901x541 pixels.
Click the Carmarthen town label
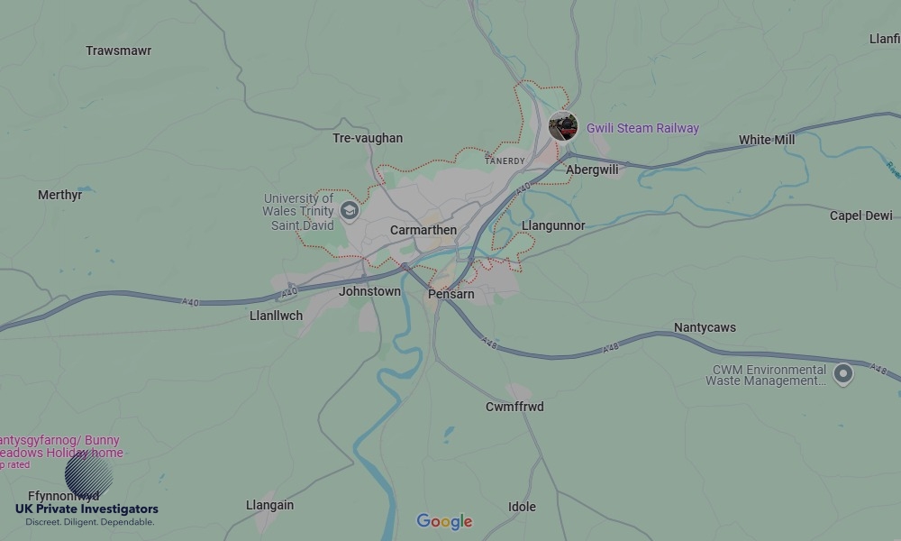coord(423,230)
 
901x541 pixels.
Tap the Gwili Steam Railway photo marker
coord(563,126)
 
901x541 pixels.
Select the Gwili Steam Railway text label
coord(642,128)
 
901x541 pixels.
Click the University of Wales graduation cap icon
coord(350,212)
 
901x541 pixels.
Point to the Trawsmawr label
coord(118,50)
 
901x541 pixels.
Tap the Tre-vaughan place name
coord(368,138)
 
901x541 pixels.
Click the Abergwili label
coord(592,170)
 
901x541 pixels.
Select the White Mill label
coord(767,140)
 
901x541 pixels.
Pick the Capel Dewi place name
coord(860,215)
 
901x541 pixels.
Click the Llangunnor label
coord(553,225)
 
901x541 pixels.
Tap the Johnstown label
coord(369,291)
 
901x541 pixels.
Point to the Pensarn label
coord(450,294)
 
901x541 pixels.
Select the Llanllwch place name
coord(276,316)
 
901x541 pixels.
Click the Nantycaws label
coord(705,327)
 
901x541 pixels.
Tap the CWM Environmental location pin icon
coord(842,373)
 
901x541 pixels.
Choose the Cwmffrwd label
coord(514,407)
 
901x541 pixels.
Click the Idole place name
coord(522,507)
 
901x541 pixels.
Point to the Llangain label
coord(269,505)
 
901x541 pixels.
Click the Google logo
coord(444,521)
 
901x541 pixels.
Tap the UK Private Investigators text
coord(86,509)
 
